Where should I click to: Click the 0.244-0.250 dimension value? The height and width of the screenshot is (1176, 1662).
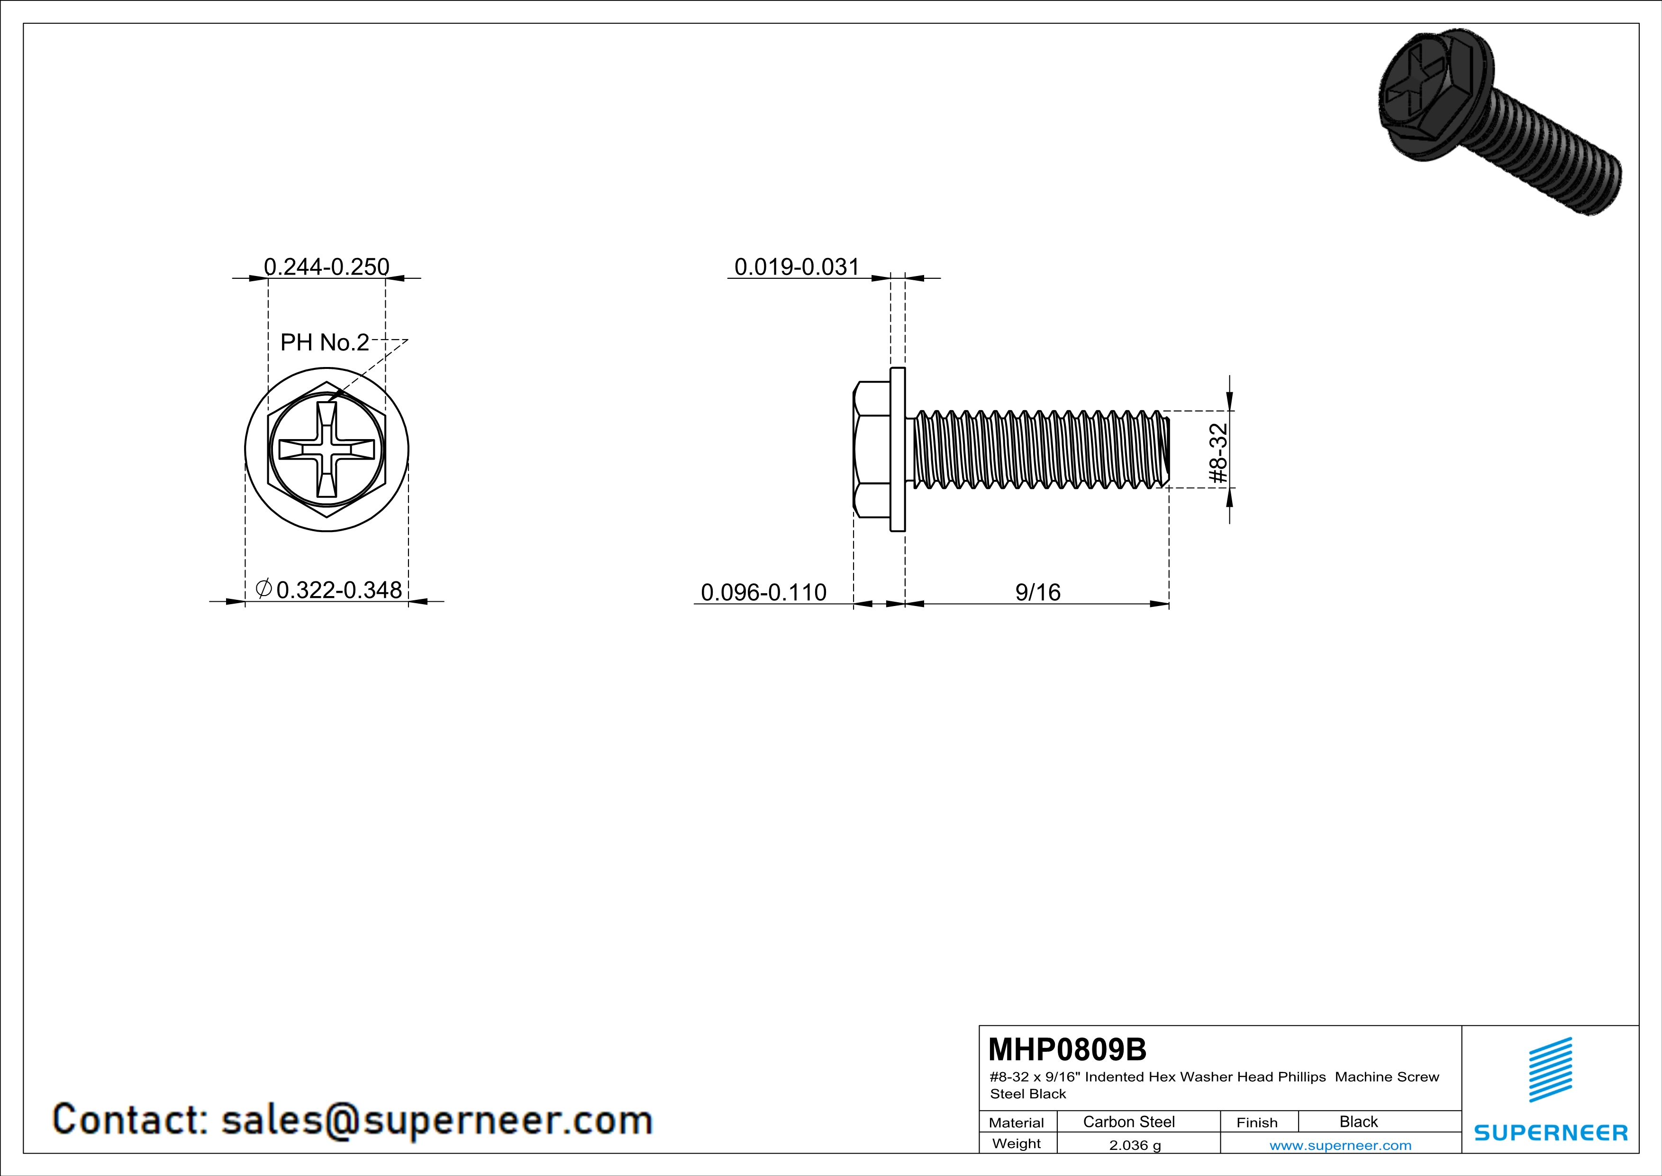pyautogui.click(x=327, y=266)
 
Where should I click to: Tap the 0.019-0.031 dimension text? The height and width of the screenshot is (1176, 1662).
pyautogui.click(x=797, y=266)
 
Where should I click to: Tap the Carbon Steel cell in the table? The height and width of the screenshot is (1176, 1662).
pyautogui.click(x=1128, y=1121)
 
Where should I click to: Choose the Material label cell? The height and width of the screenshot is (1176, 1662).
pyautogui.click(x=1017, y=1122)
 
